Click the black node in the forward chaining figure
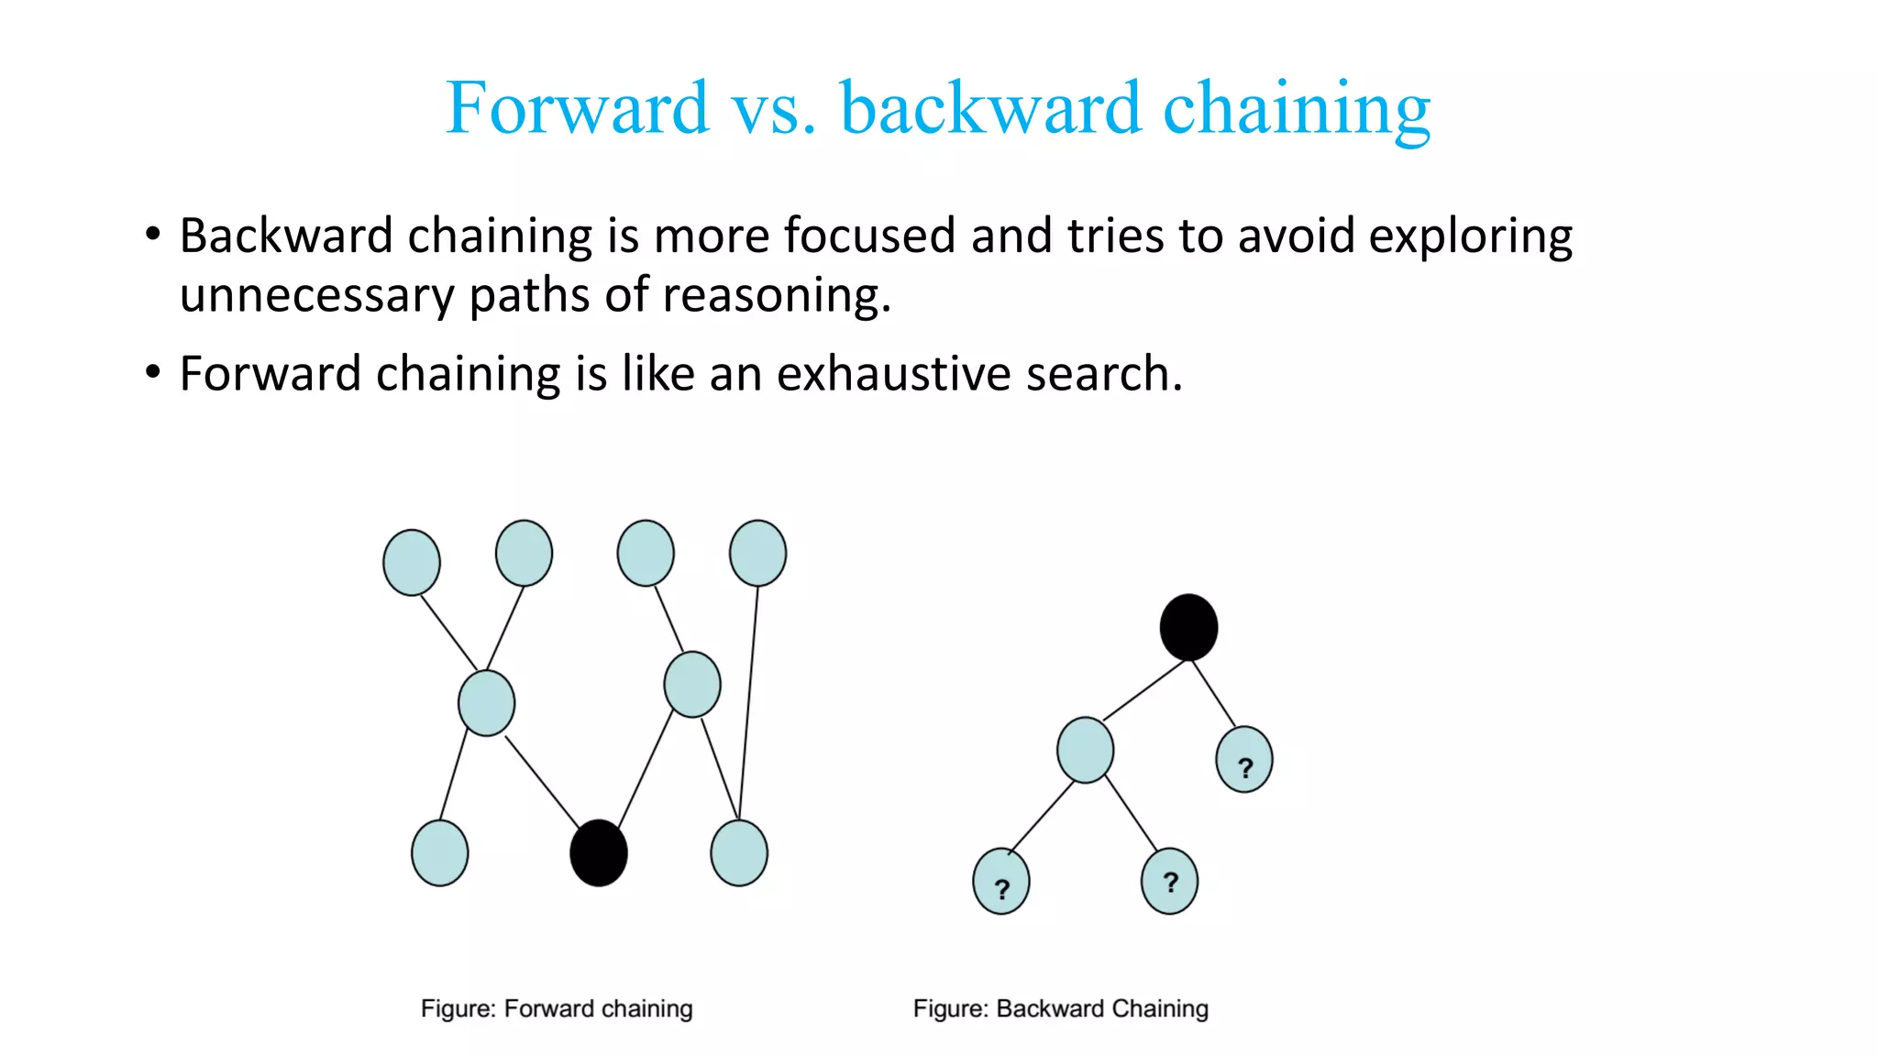coord(599,852)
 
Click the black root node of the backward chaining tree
coord(1188,627)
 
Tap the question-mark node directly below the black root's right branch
coord(1244,760)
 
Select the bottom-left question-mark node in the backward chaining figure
coord(1001,882)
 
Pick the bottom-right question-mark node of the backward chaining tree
coord(1169,881)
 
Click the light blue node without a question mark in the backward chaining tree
coord(1086,750)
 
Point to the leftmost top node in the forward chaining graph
coord(412,562)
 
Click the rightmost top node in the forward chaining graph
coord(757,553)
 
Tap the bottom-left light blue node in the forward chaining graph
coord(440,852)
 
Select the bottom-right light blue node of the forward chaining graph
coord(739,852)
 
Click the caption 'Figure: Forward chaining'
coord(557,1008)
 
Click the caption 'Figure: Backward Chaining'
coord(1061,1008)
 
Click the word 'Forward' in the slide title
coord(578,108)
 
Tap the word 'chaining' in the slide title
coord(1297,108)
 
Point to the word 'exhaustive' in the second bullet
coord(894,374)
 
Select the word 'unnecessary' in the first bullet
coord(316,295)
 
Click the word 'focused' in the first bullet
coord(870,236)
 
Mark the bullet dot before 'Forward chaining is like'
coord(153,372)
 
